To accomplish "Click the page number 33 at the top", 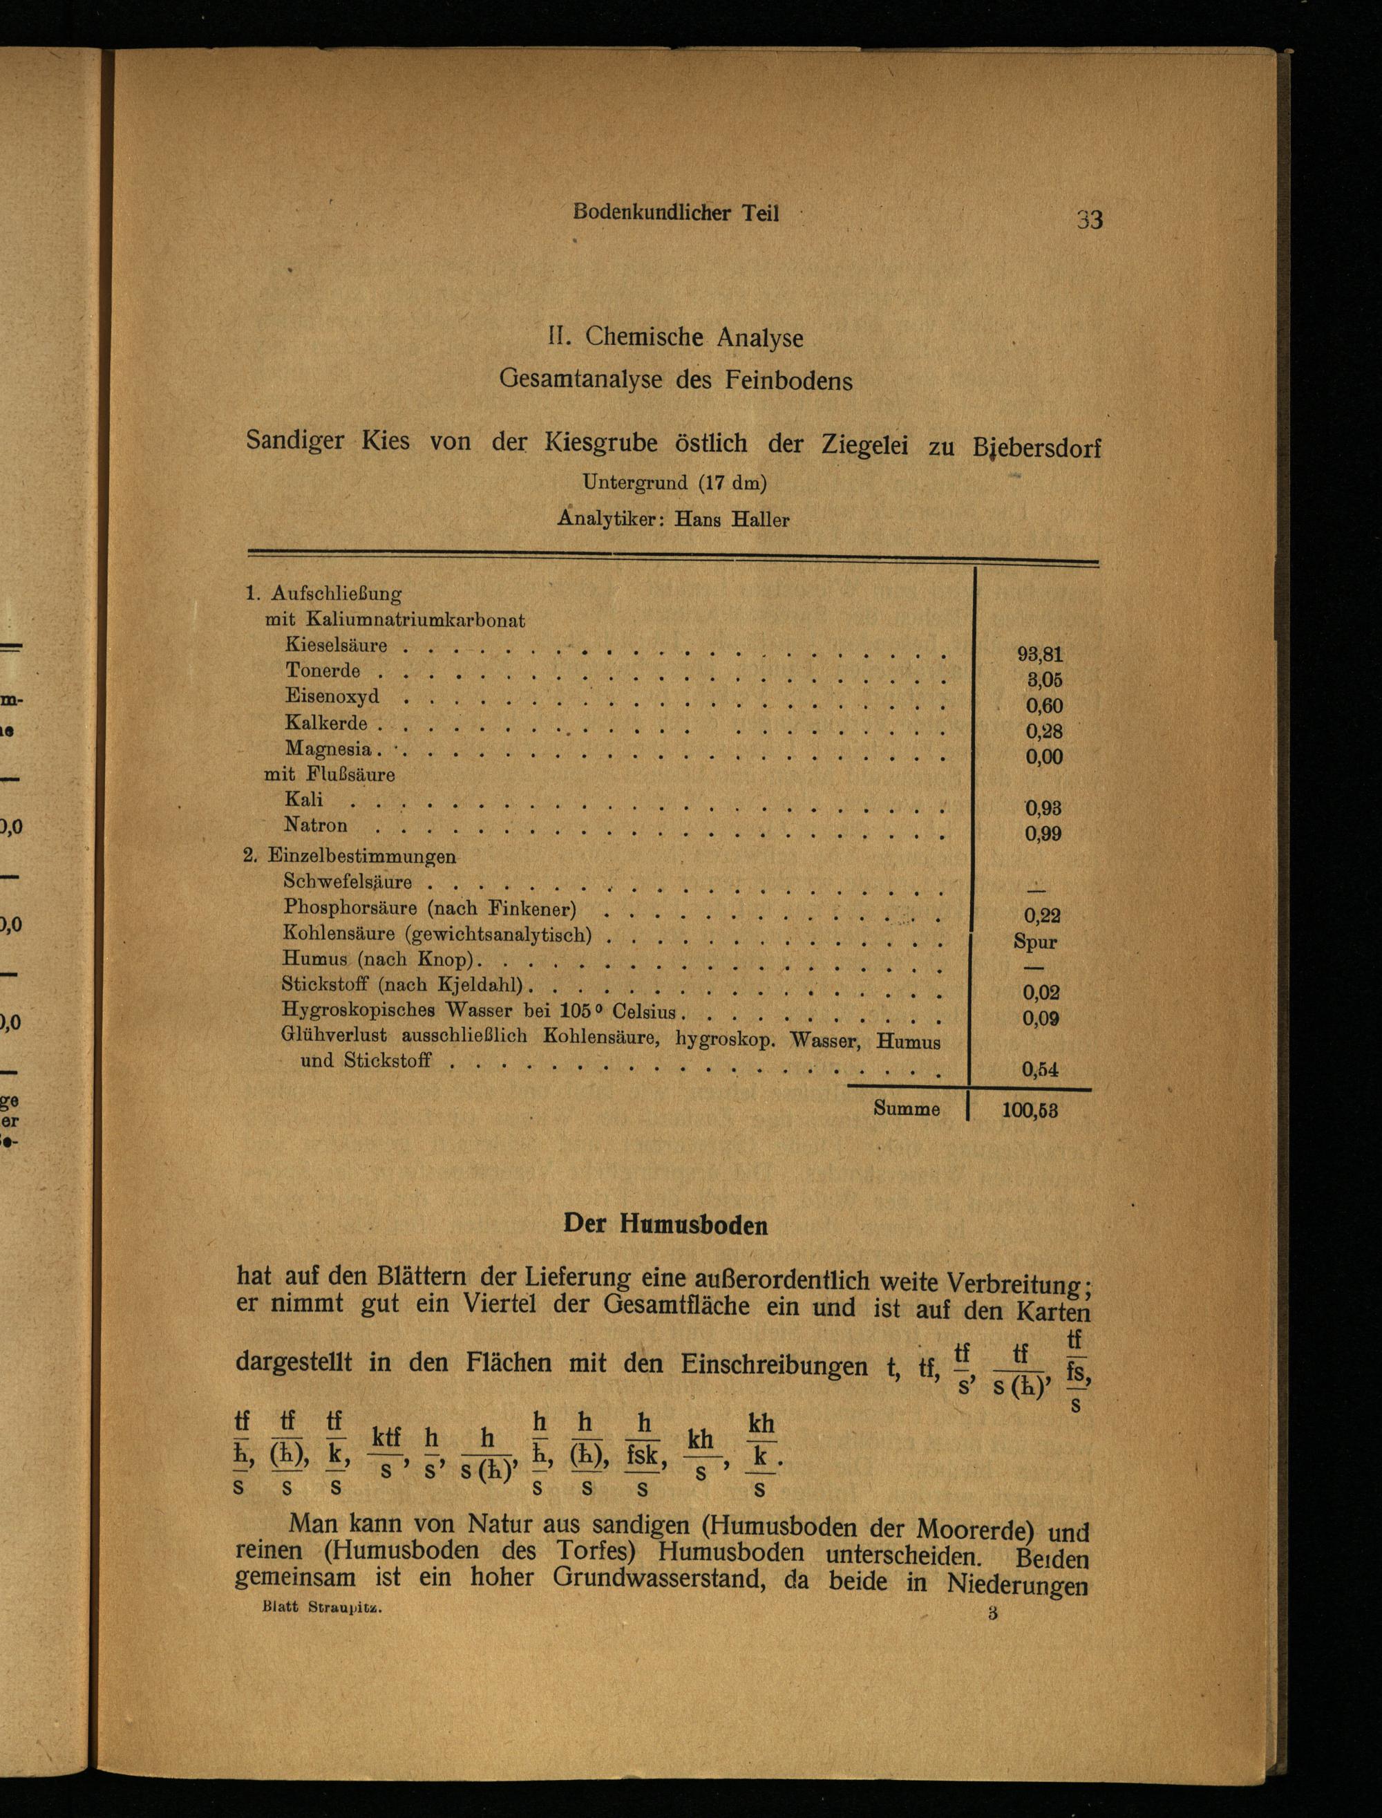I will (1089, 220).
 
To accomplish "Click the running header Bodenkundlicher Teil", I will (675, 212).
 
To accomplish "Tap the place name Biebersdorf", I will (1036, 449).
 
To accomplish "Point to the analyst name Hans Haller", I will (731, 520).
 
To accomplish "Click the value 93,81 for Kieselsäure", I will (1040, 655).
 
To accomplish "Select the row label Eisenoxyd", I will (332, 696).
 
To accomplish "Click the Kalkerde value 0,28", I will (1044, 731).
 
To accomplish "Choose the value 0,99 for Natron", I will (1043, 834).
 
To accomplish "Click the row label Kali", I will (303, 799).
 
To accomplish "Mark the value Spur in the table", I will (1036, 941).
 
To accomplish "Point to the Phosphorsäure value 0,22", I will (1041, 915).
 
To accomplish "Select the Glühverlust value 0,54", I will (1040, 1069).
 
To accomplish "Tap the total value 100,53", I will (1029, 1110).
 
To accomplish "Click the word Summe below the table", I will (907, 1109).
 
